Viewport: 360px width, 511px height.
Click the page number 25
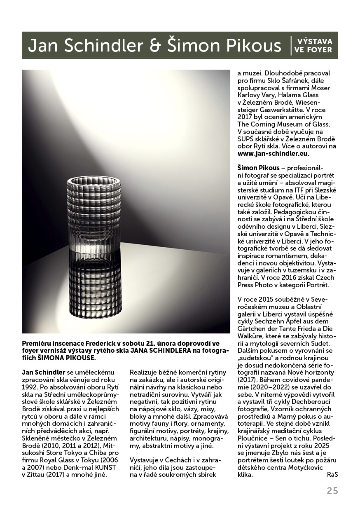click(332, 491)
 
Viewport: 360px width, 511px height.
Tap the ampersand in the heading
click(155, 46)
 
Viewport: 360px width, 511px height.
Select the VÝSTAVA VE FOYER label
click(313, 46)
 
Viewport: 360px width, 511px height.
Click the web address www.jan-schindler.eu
click(273, 154)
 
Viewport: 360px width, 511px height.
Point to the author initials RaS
click(332, 474)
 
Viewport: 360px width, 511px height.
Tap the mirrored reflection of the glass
click(95, 284)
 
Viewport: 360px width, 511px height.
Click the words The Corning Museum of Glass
click(284, 124)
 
